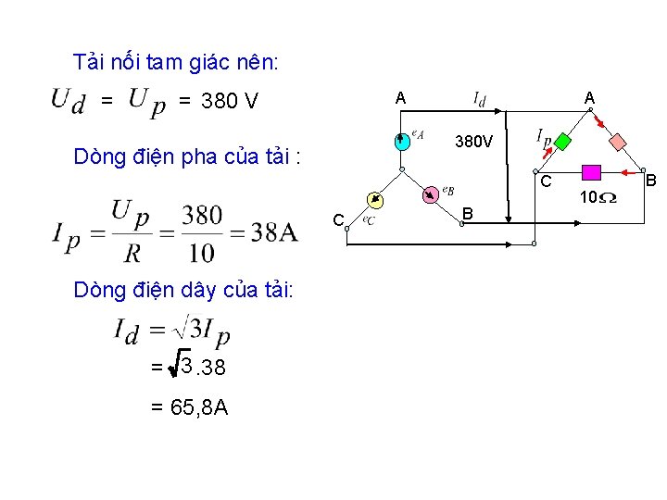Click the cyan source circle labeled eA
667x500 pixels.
(400, 143)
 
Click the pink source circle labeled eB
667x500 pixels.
(430, 194)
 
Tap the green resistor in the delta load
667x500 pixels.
(562, 143)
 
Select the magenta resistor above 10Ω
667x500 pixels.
(591, 171)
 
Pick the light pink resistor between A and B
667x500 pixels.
(618, 141)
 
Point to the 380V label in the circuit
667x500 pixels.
(473, 143)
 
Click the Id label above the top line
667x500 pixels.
(481, 97)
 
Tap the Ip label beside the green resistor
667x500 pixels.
(544, 138)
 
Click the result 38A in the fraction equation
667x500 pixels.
(274, 231)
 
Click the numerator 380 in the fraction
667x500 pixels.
(201, 215)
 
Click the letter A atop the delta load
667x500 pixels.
(589, 97)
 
